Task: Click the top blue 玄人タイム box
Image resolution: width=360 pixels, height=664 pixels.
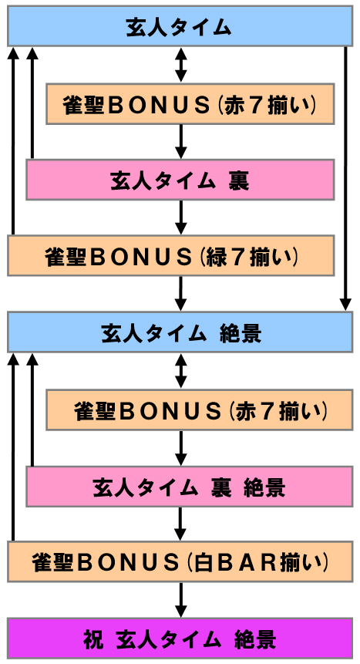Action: pyautogui.click(x=180, y=25)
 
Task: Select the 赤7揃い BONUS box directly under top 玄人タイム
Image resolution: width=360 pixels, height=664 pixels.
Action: pyautogui.click(x=190, y=104)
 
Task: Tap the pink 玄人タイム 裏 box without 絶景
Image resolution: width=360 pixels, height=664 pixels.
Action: pyautogui.click(x=180, y=180)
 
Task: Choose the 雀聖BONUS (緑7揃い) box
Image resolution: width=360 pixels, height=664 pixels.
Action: pyautogui.click(x=170, y=255)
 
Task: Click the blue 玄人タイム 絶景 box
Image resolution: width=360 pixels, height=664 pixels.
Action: pyautogui.click(x=180, y=332)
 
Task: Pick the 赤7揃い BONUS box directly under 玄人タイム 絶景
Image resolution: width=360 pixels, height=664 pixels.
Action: pyautogui.click(x=199, y=410)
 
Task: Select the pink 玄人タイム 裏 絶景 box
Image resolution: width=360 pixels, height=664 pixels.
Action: pyautogui.click(x=190, y=486)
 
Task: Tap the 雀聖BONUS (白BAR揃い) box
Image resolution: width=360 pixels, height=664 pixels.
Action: pyautogui.click(x=180, y=561)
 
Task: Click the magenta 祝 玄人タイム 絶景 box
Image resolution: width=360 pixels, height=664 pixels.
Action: pyautogui.click(x=180, y=639)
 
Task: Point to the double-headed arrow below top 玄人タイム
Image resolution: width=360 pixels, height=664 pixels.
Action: pyautogui.click(x=181, y=64)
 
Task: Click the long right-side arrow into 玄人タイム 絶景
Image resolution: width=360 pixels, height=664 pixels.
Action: pyautogui.click(x=345, y=178)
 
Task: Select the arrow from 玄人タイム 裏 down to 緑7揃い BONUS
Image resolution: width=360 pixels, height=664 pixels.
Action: pyautogui.click(x=181, y=217)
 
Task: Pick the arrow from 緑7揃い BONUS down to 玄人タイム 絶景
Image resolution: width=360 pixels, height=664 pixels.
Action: pyautogui.click(x=181, y=294)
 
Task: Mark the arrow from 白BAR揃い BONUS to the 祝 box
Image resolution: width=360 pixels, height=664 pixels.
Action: pyautogui.click(x=181, y=600)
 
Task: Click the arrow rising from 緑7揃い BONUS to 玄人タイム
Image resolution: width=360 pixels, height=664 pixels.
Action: pyautogui.click(x=14, y=140)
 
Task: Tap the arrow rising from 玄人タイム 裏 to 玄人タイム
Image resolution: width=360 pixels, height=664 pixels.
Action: pyautogui.click(x=32, y=103)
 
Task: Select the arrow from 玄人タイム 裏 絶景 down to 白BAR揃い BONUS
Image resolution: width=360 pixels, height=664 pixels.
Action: pyautogui.click(x=181, y=524)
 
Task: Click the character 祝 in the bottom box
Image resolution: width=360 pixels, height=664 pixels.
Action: pyautogui.click(x=93, y=639)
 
